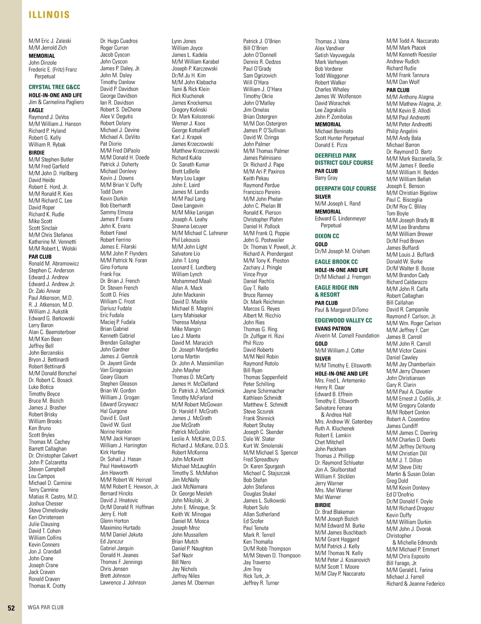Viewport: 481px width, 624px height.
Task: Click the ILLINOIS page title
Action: tap(49, 15)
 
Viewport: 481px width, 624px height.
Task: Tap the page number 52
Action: tap(11, 608)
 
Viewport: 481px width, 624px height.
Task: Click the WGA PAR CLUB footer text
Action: tap(45, 607)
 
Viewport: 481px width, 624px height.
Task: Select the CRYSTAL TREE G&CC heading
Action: tap(54, 87)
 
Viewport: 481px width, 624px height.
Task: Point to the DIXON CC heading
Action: tap(327, 236)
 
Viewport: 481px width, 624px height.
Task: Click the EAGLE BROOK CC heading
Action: tap(336, 262)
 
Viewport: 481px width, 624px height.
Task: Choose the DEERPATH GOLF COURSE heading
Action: tap(346, 188)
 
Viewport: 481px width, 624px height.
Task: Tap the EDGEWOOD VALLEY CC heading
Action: tap(343, 320)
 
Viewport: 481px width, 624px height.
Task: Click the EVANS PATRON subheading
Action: tap(333, 328)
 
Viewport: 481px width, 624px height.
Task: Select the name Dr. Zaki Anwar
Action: tap(44, 291)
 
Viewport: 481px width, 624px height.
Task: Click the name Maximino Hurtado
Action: tap(120, 527)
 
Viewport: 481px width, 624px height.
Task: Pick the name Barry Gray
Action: tap(326, 178)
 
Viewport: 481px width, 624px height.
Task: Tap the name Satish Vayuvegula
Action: tap(334, 55)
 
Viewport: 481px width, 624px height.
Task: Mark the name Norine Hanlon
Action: tap(116, 431)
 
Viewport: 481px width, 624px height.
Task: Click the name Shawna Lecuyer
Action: tap(189, 226)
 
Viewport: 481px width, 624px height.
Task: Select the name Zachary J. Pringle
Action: tap(262, 267)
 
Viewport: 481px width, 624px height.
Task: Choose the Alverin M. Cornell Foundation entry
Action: tap(347, 335)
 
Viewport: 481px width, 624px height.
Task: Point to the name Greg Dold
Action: tap(397, 481)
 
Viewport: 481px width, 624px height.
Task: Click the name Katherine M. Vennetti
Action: tap(52, 242)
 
